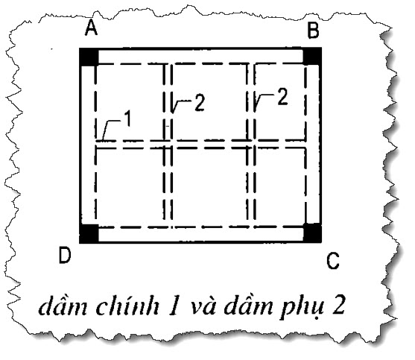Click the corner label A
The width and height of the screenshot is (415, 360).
pos(91,28)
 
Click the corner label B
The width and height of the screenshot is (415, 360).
pos(314,31)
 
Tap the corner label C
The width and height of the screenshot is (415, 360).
pos(333,261)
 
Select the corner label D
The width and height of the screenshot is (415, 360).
pos(65,255)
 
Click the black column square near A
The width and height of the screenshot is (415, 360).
pos(89,57)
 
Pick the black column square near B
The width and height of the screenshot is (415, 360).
pos(312,56)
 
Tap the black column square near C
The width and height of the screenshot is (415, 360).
pos(312,233)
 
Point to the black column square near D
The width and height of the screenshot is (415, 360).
pos(89,234)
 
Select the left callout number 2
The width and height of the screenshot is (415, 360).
pos(200,103)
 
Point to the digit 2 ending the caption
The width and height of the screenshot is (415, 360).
pos(338,306)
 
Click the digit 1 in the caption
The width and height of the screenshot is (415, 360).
pos(173,306)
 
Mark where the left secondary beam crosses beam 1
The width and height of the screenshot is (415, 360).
pos(168,143)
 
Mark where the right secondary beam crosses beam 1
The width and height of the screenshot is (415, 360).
pos(251,143)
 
